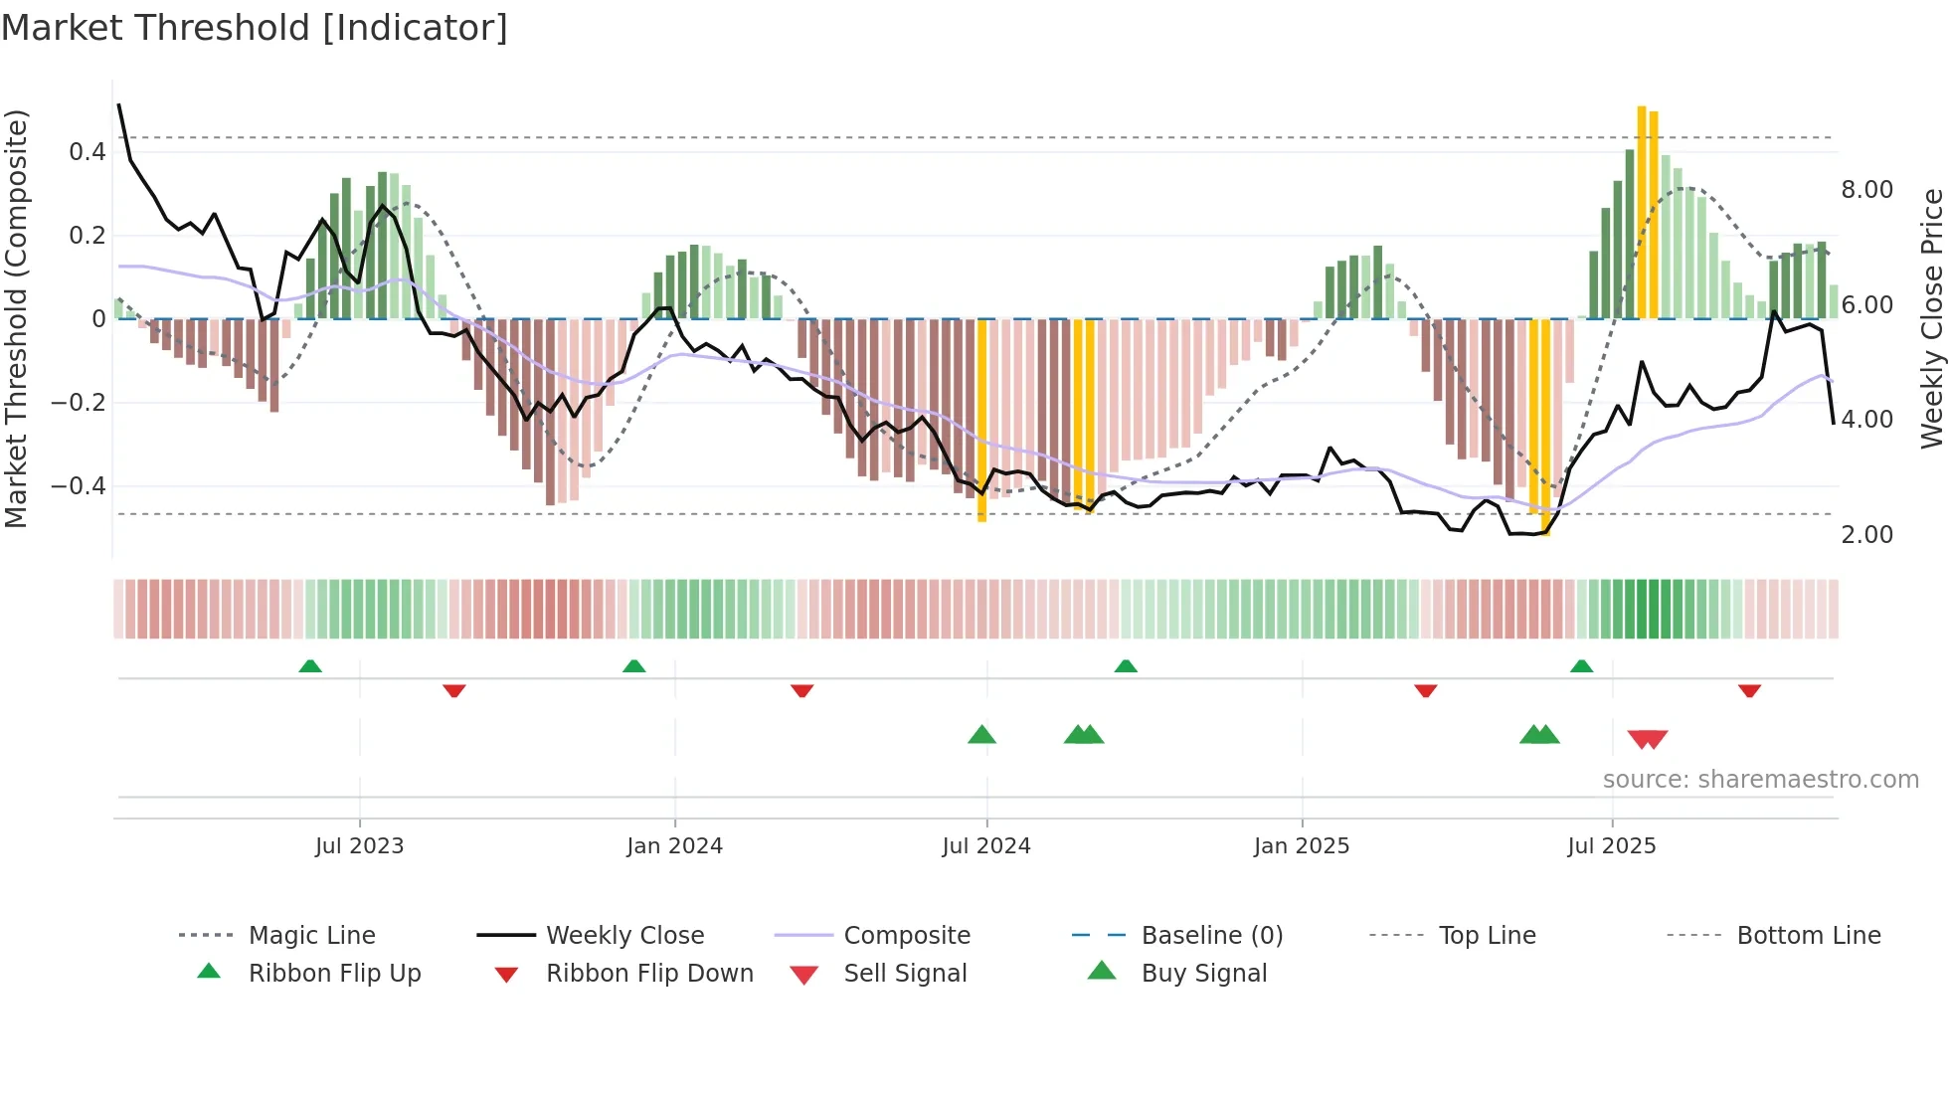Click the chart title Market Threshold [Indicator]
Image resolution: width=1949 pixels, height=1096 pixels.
tap(255, 28)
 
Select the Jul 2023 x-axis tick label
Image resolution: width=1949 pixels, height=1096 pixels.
tap(359, 846)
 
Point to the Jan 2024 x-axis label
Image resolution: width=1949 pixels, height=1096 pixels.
tap(674, 846)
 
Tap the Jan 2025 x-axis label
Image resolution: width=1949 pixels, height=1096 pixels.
tap(1301, 846)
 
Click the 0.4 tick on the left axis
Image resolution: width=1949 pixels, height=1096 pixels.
tap(88, 152)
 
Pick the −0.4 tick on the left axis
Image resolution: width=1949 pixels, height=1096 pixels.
tap(79, 486)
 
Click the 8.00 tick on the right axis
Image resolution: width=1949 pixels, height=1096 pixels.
tap(1866, 190)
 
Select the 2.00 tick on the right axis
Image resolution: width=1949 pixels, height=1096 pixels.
tap(1866, 535)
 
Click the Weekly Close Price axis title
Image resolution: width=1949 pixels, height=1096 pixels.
tap(1931, 318)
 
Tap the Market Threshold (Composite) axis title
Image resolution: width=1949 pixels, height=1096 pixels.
tap(16, 318)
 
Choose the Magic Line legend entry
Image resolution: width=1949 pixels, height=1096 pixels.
tap(311, 936)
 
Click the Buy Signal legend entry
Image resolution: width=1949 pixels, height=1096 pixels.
tap(1203, 974)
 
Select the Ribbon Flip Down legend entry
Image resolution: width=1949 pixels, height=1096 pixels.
tap(648, 974)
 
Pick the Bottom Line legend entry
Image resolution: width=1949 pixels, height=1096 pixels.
tap(1808, 936)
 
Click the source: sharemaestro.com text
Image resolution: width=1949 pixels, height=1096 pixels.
tap(1760, 780)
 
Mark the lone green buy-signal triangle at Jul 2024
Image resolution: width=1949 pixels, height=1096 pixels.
tap(981, 735)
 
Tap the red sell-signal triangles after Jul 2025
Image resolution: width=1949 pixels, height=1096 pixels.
tap(1648, 739)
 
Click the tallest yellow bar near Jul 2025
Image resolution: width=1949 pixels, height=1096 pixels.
tap(1642, 211)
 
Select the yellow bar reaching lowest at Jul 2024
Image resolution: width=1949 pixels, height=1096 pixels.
tap(981, 420)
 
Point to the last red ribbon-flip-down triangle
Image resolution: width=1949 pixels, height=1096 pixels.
tap(1749, 690)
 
